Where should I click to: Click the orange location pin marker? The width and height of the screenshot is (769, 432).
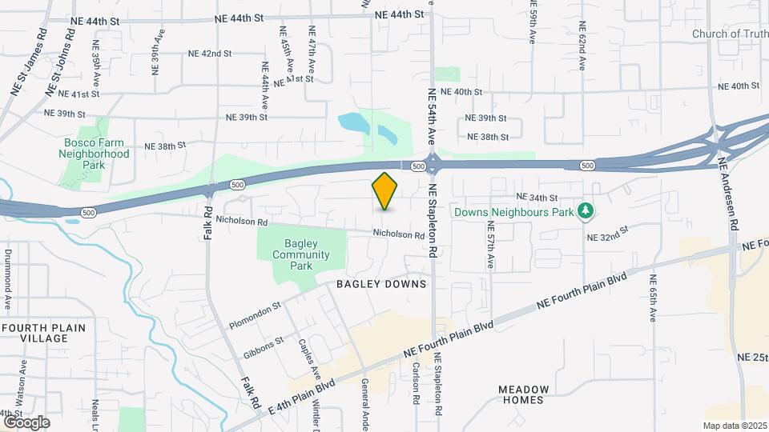click(385, 190)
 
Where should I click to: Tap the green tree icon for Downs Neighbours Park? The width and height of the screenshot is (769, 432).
click(586, 210)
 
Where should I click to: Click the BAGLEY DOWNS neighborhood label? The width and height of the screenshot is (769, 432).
click(380, 284)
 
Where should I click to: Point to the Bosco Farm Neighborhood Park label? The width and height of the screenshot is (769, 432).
click(95, 154)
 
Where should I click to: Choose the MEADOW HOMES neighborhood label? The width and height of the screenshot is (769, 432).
click(524, 394)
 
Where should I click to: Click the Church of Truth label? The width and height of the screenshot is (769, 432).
click(729, 34)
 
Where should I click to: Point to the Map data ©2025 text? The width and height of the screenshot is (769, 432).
click(734, 426)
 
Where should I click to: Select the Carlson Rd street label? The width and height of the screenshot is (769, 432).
click(417, 382)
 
